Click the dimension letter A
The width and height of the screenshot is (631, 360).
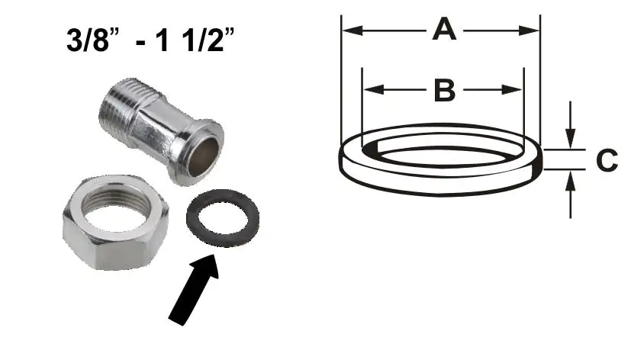[x=443, y=31]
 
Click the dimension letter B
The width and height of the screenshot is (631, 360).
[x=443, y=90]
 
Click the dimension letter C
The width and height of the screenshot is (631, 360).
[x=607, y=161]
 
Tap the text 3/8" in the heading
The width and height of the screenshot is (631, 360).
[x=93, y=40]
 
